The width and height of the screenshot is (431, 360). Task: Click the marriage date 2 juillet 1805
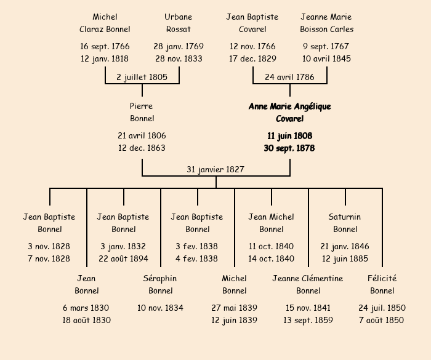pos(142,77)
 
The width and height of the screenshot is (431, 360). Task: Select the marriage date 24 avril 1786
pos(289,77)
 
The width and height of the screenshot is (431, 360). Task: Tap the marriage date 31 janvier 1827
pos(216,169)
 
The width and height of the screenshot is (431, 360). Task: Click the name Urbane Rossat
pos(179,23)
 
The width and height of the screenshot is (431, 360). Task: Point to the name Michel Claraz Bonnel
pos(105,23)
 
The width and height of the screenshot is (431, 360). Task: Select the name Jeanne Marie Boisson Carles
pos(326,23)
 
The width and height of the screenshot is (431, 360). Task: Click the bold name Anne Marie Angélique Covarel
pos(289,113)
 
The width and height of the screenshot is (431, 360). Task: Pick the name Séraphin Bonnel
pos(160,284)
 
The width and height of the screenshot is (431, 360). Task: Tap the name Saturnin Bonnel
pos(345,223)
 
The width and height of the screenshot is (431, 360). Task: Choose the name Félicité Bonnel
pos(382,284)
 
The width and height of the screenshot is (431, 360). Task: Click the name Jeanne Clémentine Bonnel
pos(308,284)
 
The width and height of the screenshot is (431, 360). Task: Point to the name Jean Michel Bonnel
pos(271,223)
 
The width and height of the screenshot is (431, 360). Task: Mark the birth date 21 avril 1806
pos(142,135)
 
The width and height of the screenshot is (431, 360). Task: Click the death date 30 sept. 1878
pos(289,148)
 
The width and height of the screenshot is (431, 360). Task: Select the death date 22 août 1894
pos(123,258)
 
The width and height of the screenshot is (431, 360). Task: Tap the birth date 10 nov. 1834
pos(160,308)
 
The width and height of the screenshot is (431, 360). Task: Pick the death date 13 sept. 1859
pos(308,320)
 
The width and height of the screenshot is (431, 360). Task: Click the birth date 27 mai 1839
pos(234,308)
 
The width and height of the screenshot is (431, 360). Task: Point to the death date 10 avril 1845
pos(326,58)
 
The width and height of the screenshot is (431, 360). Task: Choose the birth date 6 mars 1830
pos(86,308)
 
